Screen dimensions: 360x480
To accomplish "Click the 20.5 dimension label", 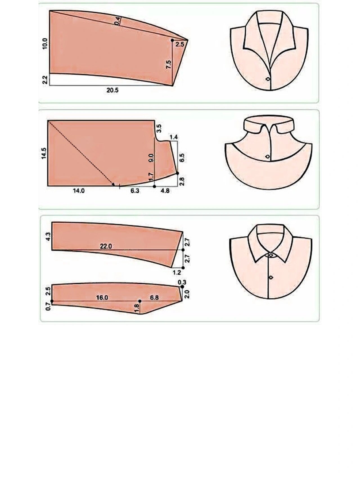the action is [112, 90].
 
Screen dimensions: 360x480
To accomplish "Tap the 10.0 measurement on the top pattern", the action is [45, 44].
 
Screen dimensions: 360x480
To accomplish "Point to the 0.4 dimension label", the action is [118, 21].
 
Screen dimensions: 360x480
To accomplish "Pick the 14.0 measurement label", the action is [79, 191].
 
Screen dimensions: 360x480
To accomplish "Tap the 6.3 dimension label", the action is [135, 191].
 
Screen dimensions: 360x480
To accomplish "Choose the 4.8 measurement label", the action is [165, 191].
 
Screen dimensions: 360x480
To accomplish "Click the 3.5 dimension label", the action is [159, 128].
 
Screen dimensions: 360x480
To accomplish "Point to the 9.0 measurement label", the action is [151, 158].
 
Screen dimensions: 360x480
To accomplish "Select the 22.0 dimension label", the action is [106, 246].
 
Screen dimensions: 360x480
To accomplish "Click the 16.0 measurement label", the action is [102, 297].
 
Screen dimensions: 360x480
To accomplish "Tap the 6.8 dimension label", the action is [154, 297].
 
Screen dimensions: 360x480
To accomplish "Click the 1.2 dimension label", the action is [177, 272].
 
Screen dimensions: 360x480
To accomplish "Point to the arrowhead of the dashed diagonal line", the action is [113, 184].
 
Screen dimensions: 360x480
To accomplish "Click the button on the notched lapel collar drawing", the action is [268, 79].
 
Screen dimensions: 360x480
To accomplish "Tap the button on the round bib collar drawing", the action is [267, 156].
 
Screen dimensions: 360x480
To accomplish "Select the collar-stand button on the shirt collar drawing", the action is [271, 255].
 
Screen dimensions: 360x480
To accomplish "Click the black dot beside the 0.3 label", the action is [182, 287].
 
